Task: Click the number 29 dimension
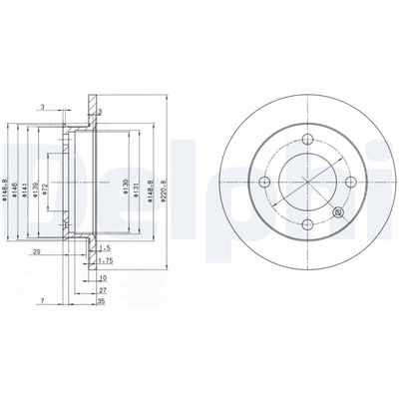point(36,253)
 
